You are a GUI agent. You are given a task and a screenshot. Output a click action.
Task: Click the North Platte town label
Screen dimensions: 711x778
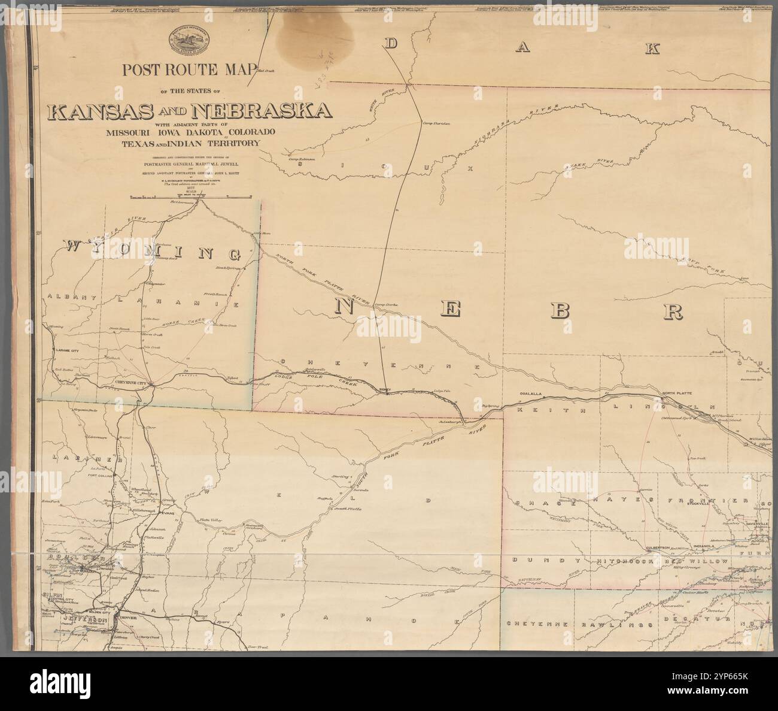677,393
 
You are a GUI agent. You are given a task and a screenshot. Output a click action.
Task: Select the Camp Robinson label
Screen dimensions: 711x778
302,159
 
